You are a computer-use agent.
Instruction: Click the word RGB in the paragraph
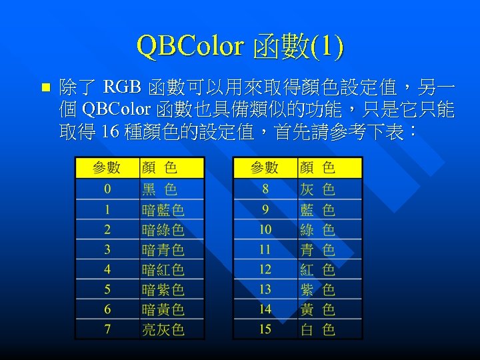[123, 87]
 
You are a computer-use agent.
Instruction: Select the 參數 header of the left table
[107, 168]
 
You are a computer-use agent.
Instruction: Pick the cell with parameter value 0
[107, 189]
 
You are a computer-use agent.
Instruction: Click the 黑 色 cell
[159, 189]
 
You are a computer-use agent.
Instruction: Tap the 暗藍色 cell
[163, 210]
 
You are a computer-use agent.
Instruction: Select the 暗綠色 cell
[163, 230]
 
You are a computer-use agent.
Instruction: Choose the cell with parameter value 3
[107, 250]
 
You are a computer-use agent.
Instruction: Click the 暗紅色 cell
[163, 270]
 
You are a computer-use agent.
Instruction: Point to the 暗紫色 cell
[163, 290]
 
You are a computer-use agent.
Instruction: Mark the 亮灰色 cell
[163, 329]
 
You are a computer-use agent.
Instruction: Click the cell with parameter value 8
[265, 189]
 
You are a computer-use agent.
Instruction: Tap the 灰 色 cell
[317, 189]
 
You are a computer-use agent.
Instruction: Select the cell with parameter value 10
[265, 230]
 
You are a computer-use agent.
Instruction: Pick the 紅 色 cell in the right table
[317, 270]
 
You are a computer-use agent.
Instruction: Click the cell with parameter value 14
[265, 309]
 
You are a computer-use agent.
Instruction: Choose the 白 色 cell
[317, 329]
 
